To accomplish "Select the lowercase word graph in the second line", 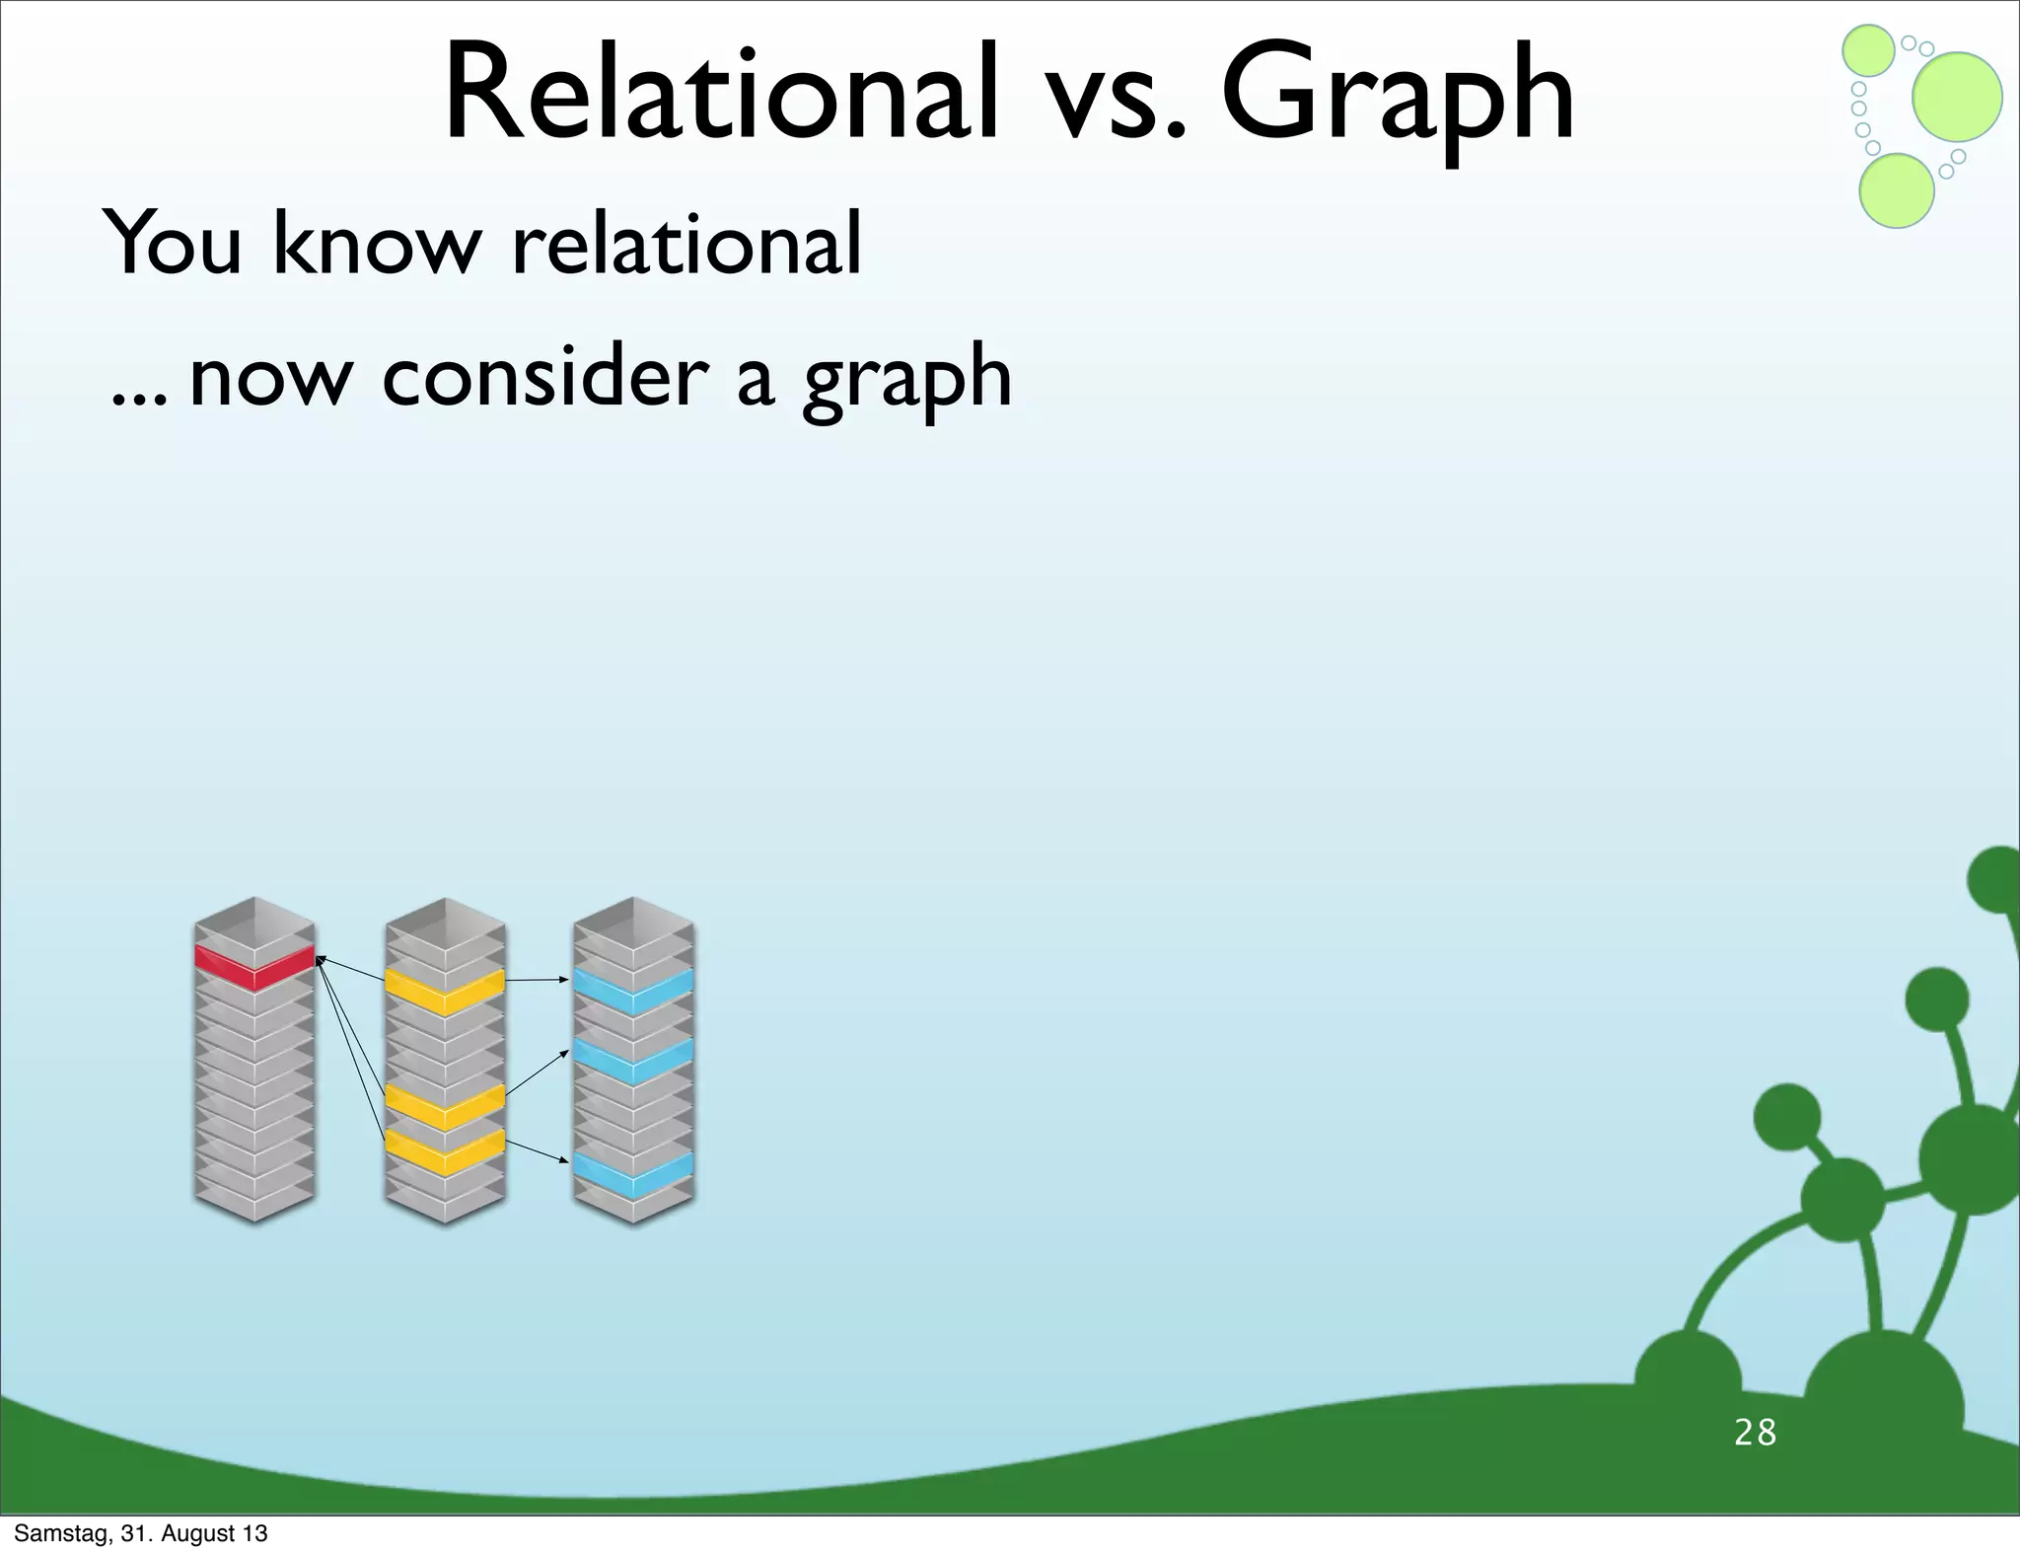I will pos(907,380).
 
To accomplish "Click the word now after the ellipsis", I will pos(268,379).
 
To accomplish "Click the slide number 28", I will pos(1755,1432).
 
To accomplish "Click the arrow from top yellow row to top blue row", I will pos(538,980).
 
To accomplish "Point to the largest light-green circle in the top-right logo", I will pos(1957,97).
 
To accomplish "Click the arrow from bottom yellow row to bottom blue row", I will pos(538,1151).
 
